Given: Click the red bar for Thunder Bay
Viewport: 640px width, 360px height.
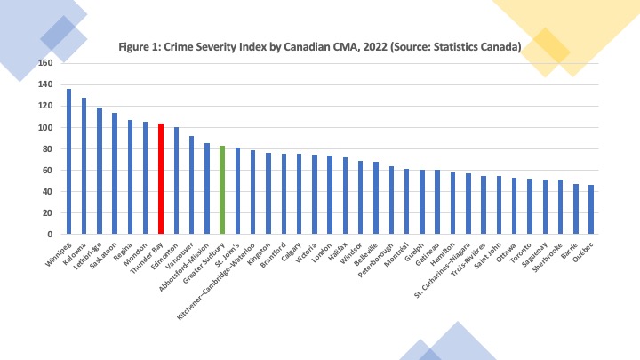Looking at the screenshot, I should click(161, 179).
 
